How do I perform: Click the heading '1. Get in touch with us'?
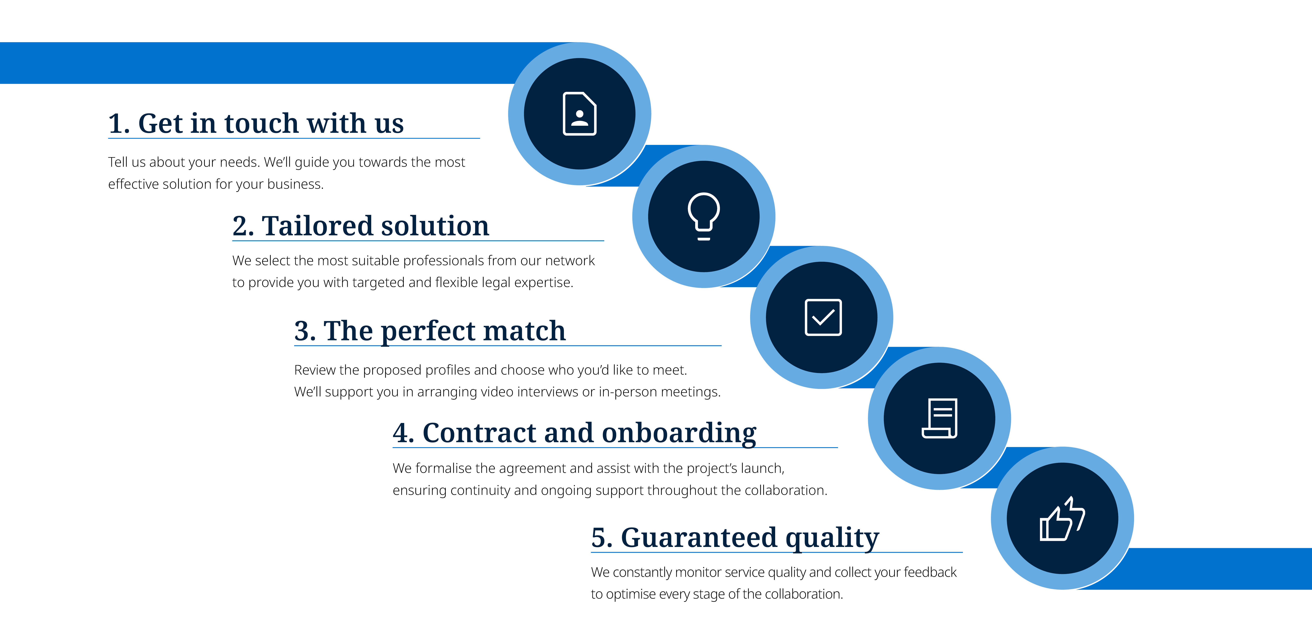pyautogui.click(x=256, y=124)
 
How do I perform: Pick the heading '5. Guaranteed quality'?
pyautogui.click(x=734, y=538)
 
